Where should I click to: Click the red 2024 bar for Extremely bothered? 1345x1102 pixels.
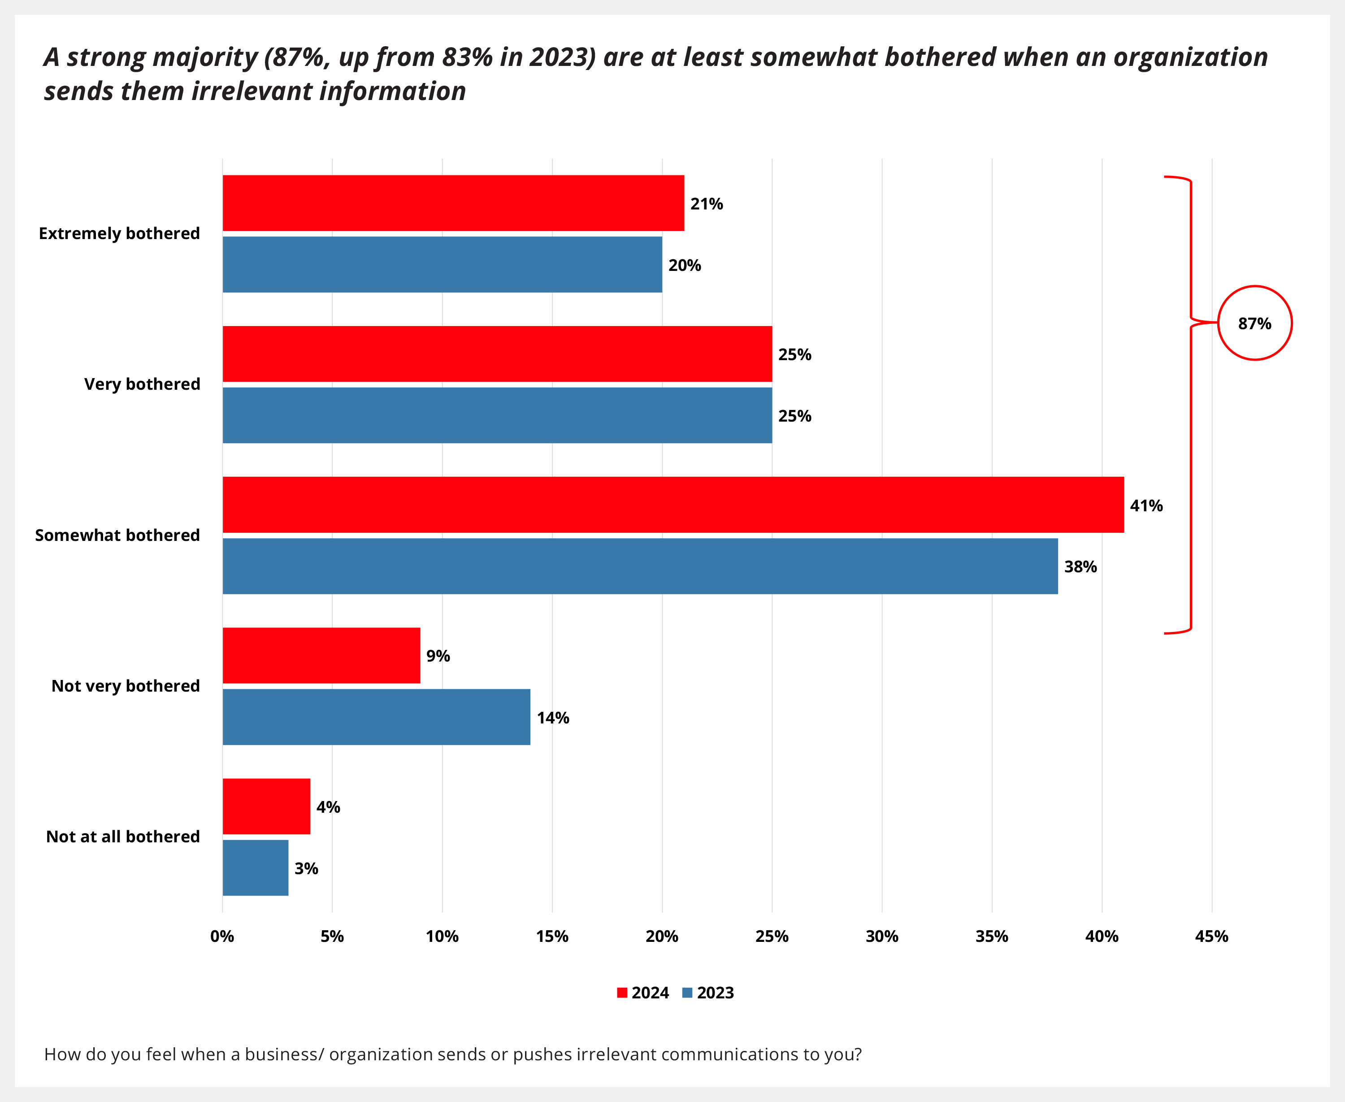453,203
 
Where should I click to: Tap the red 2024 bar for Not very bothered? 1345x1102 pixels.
321,656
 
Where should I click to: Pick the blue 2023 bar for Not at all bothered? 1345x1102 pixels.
255,868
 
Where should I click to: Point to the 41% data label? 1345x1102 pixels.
1146,506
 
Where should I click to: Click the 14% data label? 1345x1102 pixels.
553,718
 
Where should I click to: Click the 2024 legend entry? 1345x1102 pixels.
642,993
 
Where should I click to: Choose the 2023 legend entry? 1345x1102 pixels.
708,993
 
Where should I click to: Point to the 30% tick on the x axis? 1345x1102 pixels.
881,936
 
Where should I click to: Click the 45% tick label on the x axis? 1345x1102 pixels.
1211,936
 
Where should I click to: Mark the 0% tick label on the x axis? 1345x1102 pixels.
222,936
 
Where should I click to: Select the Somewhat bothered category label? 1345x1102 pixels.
117,535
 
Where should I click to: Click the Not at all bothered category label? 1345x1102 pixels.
123,836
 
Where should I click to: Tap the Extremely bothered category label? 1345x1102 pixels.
119,234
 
